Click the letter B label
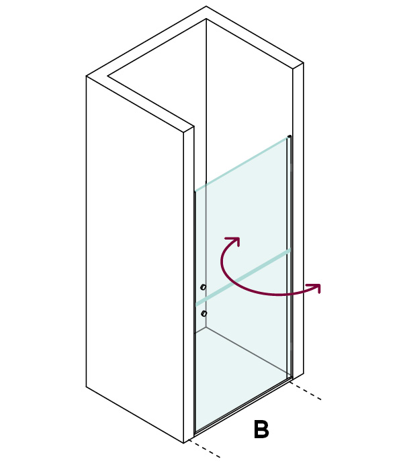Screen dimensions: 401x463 tap(261, 429)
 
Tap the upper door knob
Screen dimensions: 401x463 tap(203, 287)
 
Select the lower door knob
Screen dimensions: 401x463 tap(204, 313)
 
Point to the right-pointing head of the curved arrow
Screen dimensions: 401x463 tap(314, 288)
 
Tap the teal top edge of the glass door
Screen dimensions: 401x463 tap(241, 164)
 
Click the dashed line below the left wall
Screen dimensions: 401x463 tap(204, 448)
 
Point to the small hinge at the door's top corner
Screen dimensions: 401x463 tap(289, 137)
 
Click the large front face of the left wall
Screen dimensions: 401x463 tap(135, 260)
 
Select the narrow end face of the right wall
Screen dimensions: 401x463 tap(298, 221)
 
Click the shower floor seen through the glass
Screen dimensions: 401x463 tap(242, 375)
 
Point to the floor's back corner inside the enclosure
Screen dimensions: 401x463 tap(206, 327)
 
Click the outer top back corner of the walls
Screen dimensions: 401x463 tap(206, 6)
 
